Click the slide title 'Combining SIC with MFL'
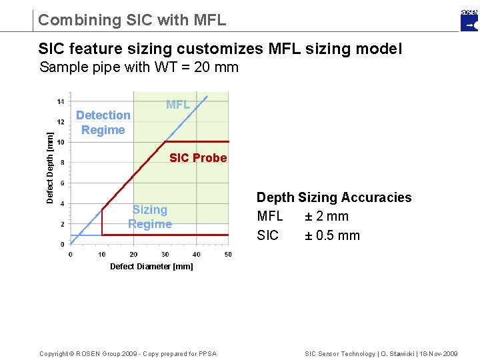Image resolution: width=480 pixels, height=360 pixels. (x=132, y=20)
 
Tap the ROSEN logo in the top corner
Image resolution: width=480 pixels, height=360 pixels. (x=469, y=21)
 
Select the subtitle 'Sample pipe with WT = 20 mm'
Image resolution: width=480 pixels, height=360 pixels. (x=139, y=67)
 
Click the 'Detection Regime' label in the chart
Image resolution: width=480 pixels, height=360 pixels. (x=103, y=123)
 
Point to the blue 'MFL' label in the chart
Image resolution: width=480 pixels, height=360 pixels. (x=178, y=105)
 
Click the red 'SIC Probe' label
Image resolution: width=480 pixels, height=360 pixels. (x=198, y=158)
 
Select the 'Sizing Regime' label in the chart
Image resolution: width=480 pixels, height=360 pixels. (x=150, y=217)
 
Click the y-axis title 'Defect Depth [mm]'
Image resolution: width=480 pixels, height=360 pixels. (x=50, y=167)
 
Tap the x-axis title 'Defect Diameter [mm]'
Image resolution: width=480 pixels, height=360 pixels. (x=151, y=267)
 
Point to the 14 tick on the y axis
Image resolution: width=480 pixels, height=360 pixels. (x=61, y=101)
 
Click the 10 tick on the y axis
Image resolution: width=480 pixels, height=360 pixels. (x=61, y=142)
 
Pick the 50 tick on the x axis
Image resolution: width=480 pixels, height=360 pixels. (x=228, y=254)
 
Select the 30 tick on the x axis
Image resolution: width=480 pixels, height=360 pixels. (x=165, y=254)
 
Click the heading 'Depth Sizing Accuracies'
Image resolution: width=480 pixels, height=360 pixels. (x=334, y=197)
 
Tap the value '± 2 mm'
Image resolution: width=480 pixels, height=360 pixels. (x=327, y=216)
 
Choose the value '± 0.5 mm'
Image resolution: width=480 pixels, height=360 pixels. (x=332, y=235)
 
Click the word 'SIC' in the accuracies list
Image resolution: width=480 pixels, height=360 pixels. (x=268, y=235)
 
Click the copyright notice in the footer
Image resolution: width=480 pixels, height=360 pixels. (x=128, y=353)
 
